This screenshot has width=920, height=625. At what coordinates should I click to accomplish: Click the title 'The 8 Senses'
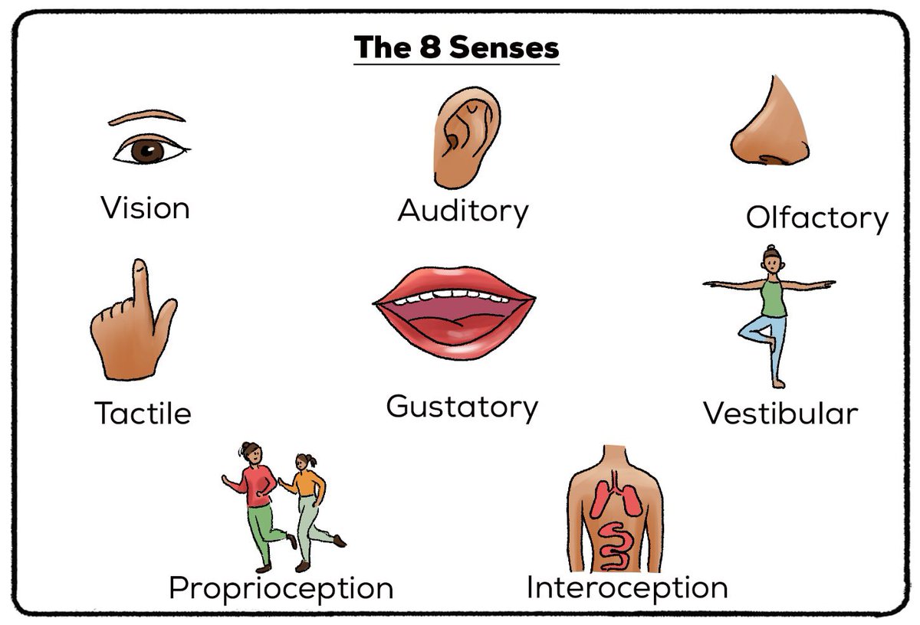[x=456, y=47]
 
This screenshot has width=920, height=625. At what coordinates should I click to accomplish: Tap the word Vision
[x=145, y=208]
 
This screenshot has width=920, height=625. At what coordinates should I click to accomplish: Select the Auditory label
[x=463, y=211]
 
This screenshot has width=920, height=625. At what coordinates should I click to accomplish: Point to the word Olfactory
[x=816, y=218]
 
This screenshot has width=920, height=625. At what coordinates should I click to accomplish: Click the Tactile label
[x=143, y=414]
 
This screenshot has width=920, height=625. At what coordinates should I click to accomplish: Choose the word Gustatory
[x=462, y=407]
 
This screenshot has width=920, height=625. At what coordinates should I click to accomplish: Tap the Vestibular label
[x=780, y=414]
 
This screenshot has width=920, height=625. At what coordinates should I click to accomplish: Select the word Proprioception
[x=281, y=588]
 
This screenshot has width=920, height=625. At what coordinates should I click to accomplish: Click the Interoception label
[x=626, y=587]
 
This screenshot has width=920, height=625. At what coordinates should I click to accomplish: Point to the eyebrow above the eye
[x=146, y=116]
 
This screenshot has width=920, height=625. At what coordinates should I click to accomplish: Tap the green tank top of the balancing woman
[x=773, y=298]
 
